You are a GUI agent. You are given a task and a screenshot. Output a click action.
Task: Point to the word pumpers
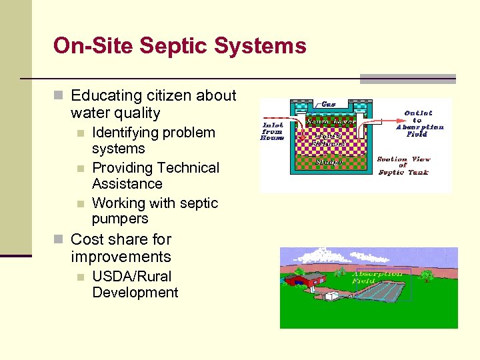120,219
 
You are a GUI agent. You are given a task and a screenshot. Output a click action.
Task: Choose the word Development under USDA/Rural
135,293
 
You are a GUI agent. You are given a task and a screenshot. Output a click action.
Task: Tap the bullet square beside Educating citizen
59,97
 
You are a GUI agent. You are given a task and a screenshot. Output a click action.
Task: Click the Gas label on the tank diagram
329,104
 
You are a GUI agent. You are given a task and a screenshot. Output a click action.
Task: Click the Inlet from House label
273,131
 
